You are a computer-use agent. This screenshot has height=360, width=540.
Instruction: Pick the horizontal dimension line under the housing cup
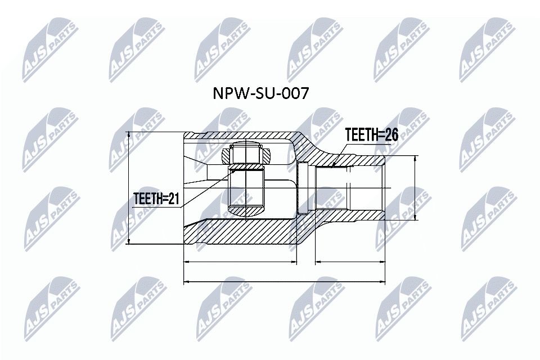click(x=240, y=262)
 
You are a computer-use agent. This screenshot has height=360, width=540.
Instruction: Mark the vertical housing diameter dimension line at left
click(x=130, y=188)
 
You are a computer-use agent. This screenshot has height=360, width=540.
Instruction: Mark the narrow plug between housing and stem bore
click(x=302, y=188)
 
